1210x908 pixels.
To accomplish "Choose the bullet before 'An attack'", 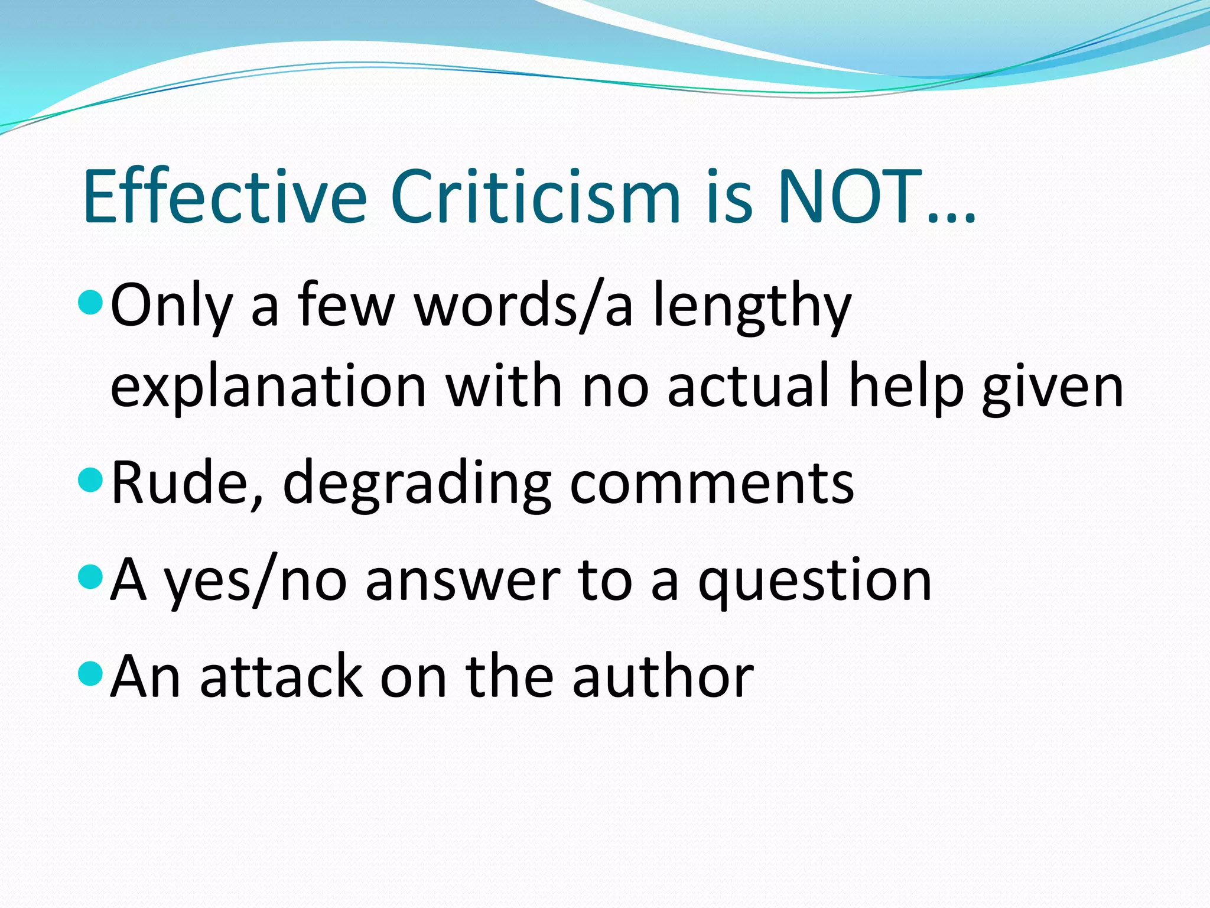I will pos(90,673).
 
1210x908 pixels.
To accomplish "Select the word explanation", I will pos(269,388).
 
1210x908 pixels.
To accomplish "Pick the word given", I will pos(1052,388).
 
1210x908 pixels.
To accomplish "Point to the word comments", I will pos(712,482).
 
